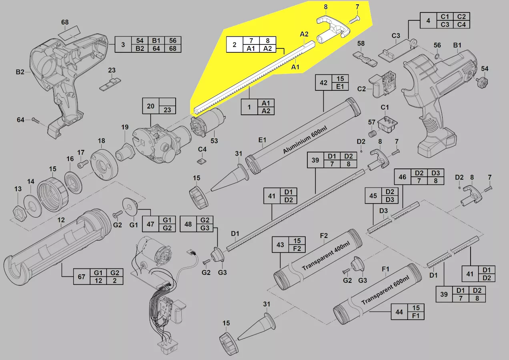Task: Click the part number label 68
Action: [x=65, y=22]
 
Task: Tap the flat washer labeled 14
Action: [x=32, y=206]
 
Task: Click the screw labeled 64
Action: [x=36, y=120]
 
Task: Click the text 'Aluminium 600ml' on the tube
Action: [x=305, y=140]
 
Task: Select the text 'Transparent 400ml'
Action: [x=326, y=256]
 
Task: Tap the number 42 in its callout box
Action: [x=323, y=83]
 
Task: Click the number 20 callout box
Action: [x=150, y=106]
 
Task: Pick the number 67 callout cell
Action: [x=82, y=277]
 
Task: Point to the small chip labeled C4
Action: [x=202, y=161]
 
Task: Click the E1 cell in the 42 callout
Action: [x=340, y=86]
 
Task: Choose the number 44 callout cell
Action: [x=399, y=312]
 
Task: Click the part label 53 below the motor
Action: [x=214, y=141]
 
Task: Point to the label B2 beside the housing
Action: [x=20, y=72]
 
